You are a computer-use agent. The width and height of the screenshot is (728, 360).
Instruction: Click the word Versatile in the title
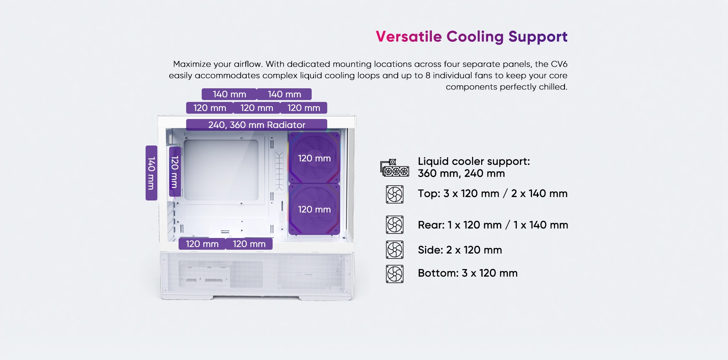(x=409, y=37)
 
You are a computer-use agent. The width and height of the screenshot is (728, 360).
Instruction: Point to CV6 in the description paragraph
(x=559, y=64)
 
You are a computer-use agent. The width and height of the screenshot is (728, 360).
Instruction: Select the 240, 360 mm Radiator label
(x=257, y=125)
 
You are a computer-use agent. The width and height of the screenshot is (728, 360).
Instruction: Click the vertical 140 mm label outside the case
(x=151, y=173)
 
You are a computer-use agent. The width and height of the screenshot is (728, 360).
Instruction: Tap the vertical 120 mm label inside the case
(x=175, y=172)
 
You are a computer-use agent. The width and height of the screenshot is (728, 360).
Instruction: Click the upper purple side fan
(x=314, y=158)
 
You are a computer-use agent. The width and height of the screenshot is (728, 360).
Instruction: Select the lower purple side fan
(x=314, y=209)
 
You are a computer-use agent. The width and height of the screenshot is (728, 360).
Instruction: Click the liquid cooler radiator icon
(x=395, y=167)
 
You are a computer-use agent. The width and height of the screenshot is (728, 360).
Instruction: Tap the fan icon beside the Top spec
(x=395, y=194)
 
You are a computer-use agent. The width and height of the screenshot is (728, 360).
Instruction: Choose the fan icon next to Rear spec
(x=395, y=225)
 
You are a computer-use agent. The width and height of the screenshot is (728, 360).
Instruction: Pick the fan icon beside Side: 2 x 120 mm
(x=395, y=250)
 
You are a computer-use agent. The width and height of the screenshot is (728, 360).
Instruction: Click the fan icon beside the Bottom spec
(x=395, y=274)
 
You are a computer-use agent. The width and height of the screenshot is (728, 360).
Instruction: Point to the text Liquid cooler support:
(x=474, y=162)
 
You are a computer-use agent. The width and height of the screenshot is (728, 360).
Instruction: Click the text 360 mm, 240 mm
(x=461, y=174)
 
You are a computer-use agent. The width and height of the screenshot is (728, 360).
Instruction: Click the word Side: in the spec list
(x=430, y=250)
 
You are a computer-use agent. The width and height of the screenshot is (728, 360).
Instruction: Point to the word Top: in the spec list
(x=429, y=194)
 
